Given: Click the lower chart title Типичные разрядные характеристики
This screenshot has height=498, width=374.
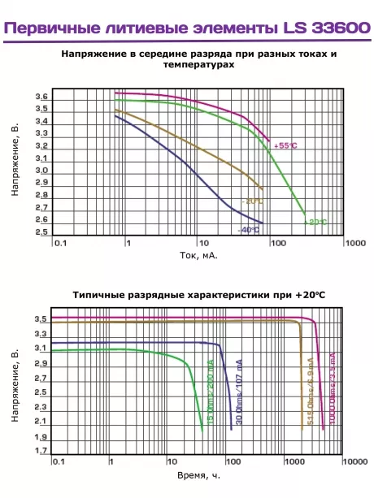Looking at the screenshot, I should pos(198,296).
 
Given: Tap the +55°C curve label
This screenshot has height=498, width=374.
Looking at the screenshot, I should pos(285,145).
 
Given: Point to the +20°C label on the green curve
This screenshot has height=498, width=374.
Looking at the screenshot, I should pos(315,222).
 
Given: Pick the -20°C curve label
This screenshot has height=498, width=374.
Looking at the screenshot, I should pos(252,201).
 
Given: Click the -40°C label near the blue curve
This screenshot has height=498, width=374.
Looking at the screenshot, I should pos(248,230).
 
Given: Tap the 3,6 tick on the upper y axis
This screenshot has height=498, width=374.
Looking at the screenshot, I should pos(41,97).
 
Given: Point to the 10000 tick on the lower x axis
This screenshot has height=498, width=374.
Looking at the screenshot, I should pos(354,461).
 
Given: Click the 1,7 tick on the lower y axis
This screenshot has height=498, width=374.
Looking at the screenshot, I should pos(41,450).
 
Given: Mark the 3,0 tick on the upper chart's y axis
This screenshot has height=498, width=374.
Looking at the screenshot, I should pos(41,171).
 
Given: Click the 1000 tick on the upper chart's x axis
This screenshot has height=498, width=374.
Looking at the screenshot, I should pos(354,243).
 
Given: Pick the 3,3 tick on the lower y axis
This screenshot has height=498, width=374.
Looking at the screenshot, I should pos(41,334).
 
